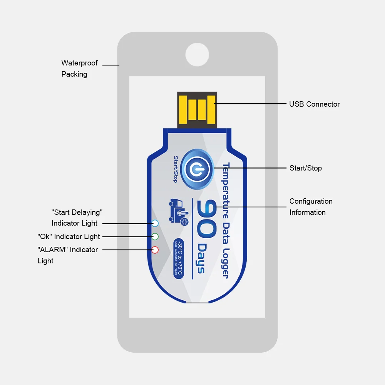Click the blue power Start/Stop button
tap(197, 169)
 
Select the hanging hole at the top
tap(197, 54)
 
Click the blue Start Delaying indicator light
tap(155, 223)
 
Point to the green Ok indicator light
tap(155, 236)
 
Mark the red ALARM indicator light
tap(155, 250)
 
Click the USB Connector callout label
tap(314, 104)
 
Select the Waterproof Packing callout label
tap(79, 69)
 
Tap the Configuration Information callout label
tap(311, 207)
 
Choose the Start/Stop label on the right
tap(305, 168)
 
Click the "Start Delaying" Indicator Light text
tap(77, 218)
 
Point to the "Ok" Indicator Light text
tap(69, 236)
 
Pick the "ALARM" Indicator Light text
tap(67, 255)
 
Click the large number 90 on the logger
tap(207, 219)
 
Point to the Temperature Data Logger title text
tap(226, 220)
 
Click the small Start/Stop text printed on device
tap(175, 169)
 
